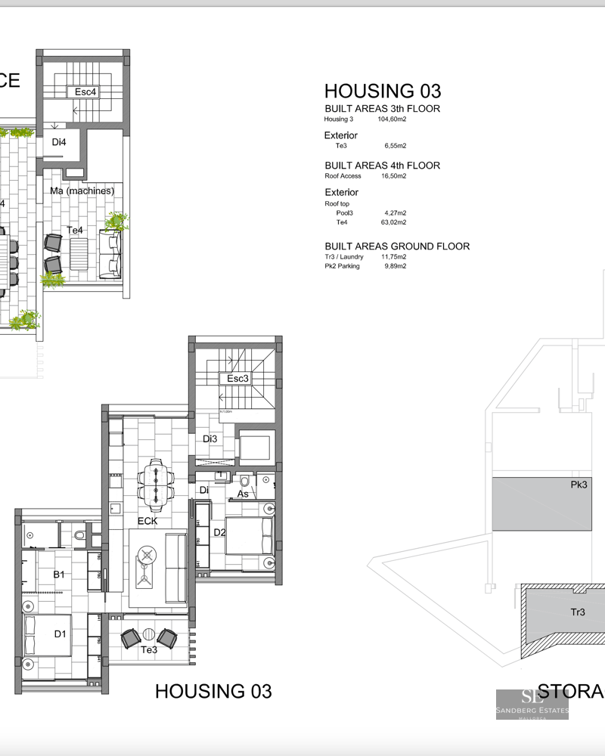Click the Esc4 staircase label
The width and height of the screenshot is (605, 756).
[85, 91]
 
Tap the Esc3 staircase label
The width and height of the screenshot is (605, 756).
[237, 378]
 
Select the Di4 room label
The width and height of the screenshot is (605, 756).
[59, 142]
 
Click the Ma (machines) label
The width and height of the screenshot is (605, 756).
[82, 191]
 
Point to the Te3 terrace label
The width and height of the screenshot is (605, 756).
[148, 649]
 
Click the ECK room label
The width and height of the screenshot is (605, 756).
[147, 521]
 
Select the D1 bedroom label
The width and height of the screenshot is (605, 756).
[60, 634]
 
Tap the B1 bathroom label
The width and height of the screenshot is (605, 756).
[58, 575]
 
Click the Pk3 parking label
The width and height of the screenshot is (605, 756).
[580, 485]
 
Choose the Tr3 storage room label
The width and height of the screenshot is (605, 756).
[578, 612]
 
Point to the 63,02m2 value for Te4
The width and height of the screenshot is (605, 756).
[394, 222]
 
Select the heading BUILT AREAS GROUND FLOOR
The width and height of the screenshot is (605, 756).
[397, 246]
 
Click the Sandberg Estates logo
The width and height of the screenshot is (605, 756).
[532, 704]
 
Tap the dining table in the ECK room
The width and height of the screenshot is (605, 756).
[156, 484]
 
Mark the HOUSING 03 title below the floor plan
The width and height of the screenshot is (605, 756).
[213, 691]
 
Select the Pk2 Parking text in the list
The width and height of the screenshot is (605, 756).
[343, 266]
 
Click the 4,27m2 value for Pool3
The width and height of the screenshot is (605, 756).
[396, 213]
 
